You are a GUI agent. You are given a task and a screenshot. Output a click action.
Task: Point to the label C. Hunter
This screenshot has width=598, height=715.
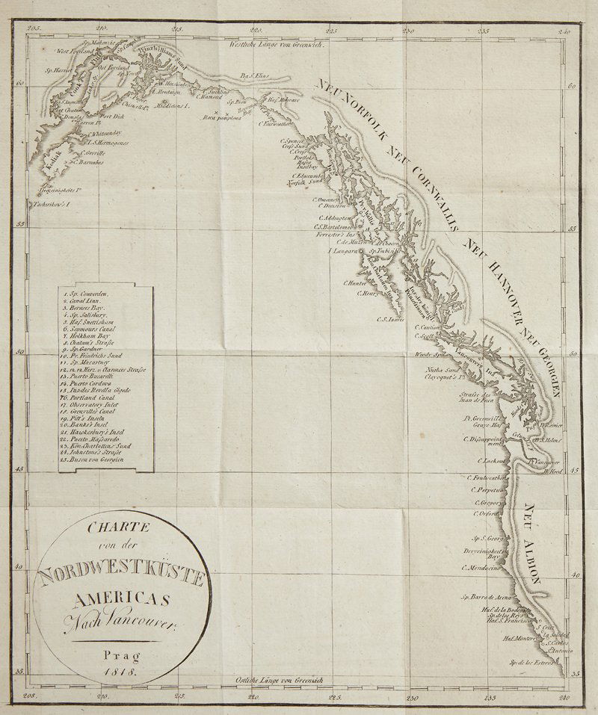[356, 282]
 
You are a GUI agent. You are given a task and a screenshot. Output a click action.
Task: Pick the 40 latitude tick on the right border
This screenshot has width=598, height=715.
[574, 575]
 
